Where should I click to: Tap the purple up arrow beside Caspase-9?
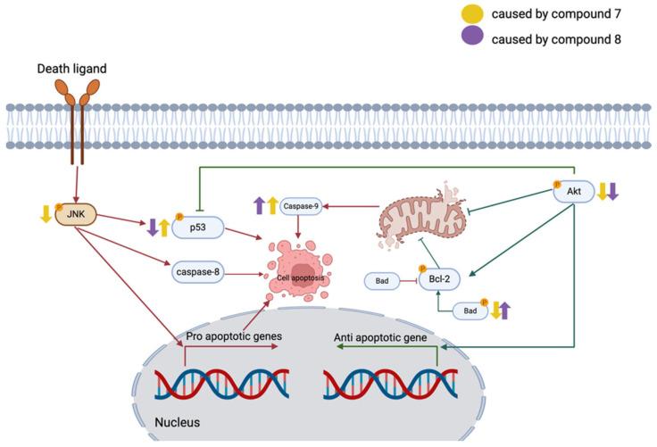pyautogui.click(x=259, y=206)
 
